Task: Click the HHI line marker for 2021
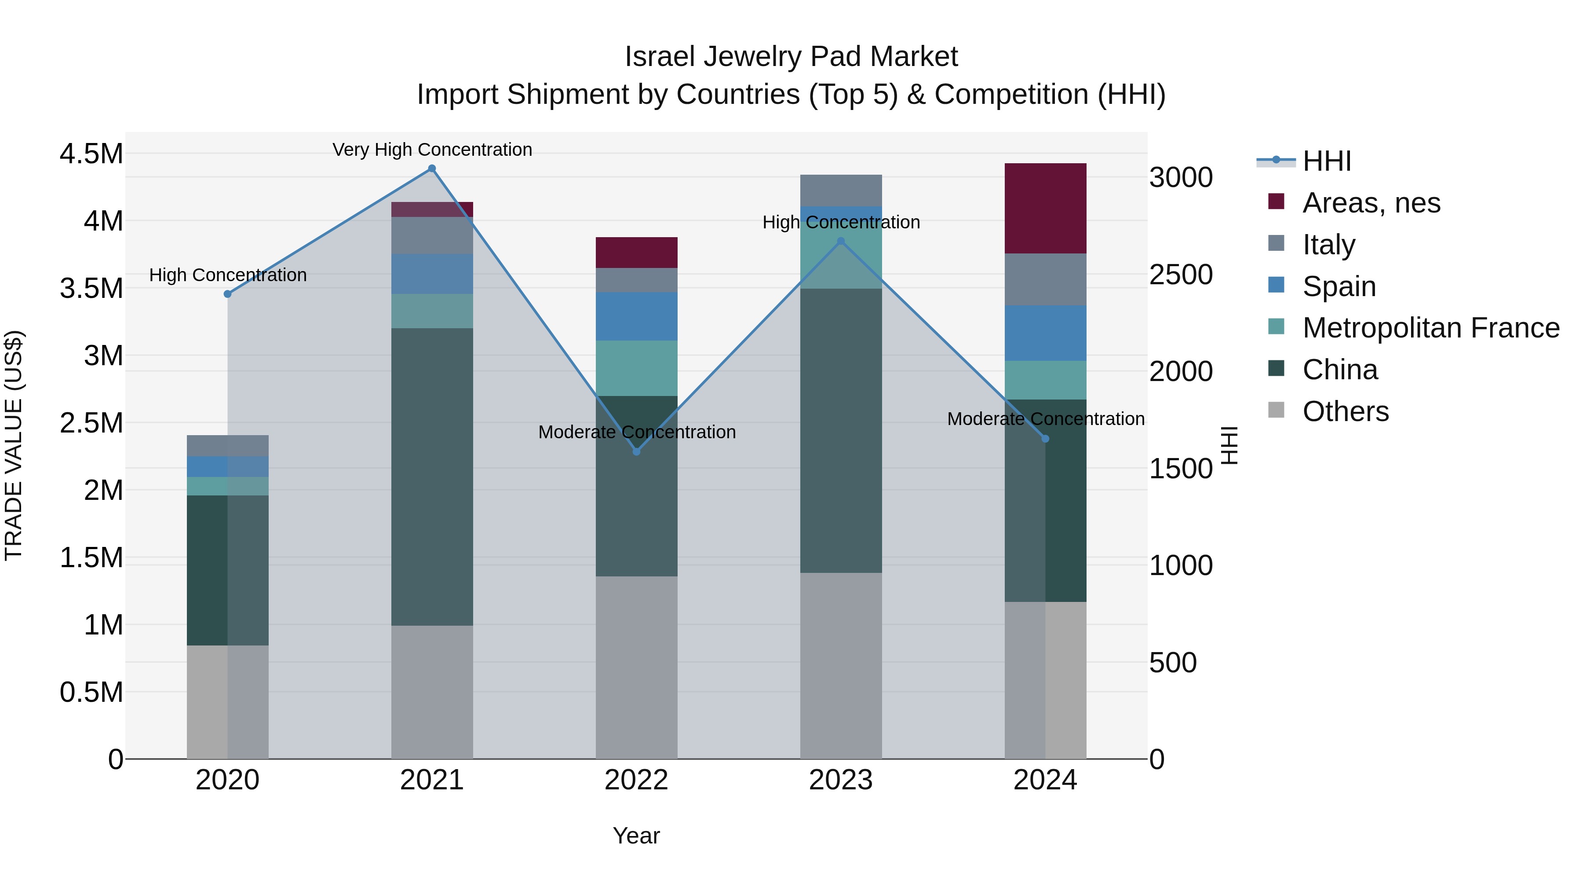coord(431,169)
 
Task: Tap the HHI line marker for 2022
coord(637,451)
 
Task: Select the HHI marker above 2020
coord(227,294)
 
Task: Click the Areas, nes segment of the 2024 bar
coord(1045,209)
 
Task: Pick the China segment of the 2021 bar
coord(432,477)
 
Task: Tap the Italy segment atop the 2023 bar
coord(841,190)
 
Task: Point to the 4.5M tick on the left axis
coord(91,154)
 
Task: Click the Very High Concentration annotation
coord(432,150)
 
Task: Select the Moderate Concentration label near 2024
coord(1045,419)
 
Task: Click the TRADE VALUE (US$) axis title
coord(14,445)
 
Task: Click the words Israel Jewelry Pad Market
coord(791,57)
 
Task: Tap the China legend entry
coord(1340,370)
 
